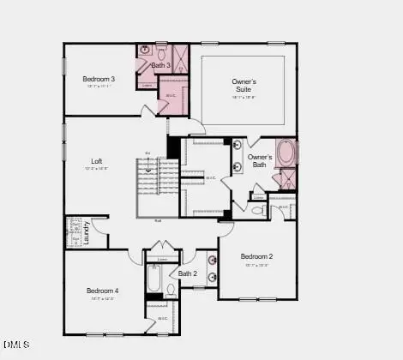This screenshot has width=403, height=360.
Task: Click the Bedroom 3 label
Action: pyautogui.click(x=99, y=79)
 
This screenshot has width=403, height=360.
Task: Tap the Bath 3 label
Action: pyautogui.click(x=161, y=66)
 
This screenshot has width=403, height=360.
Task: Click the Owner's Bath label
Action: pyautogui.click(x=260, y=160)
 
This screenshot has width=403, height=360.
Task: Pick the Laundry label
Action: pyautogui.click(x=87, y=234)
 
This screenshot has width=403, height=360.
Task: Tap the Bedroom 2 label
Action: pyautogui.click(x=256, y=256)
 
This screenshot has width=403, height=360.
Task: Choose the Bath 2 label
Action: pyautogui.click(x=189, y=274)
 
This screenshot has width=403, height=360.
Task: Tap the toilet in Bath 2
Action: pyautogui.click(x=171, y=290)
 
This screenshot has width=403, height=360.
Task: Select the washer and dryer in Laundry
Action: pyautogui.click(x=74, y=231)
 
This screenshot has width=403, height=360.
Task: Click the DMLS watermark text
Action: pyautogui.click(x=15, y=346)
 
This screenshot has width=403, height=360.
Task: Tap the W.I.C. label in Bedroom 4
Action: pyautogui.click(x=162, y=318)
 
